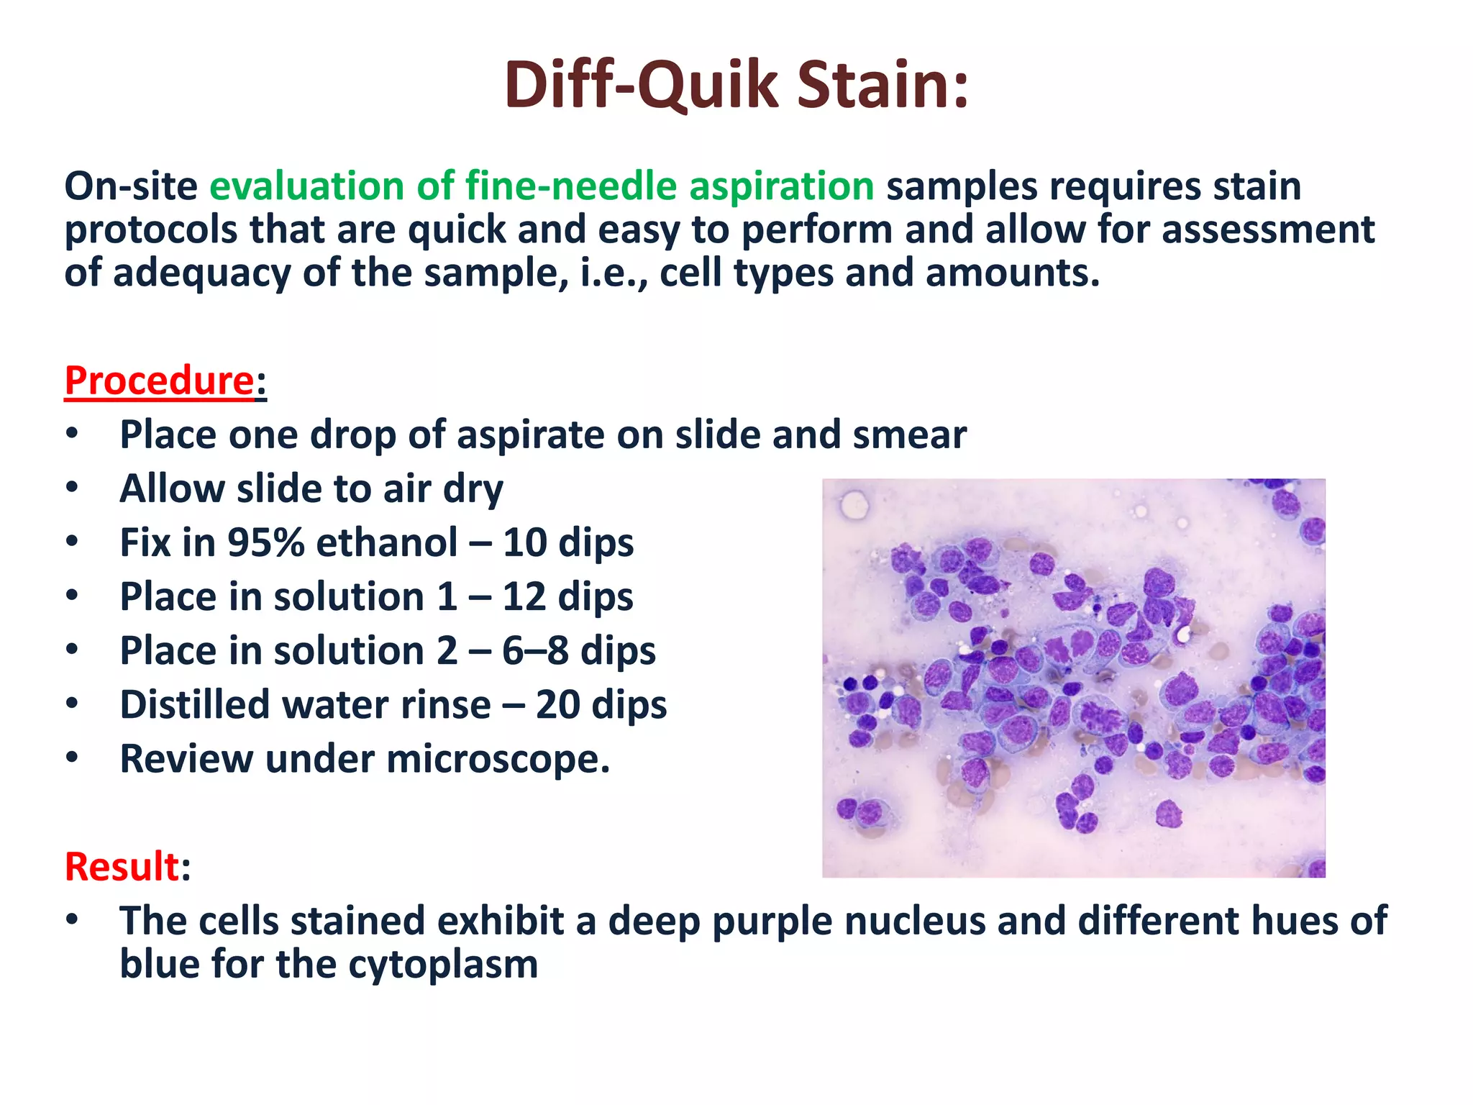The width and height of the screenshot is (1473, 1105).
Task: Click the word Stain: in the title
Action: tap(883, 86)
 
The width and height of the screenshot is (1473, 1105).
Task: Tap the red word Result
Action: tap(122, 866)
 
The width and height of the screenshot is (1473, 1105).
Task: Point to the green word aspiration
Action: tap(781, 186)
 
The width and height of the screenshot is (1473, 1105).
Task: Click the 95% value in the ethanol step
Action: tap(266, 542)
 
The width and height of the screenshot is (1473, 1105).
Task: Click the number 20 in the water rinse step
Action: tap(557, 704)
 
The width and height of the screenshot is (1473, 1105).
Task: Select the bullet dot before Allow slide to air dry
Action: tap(71, 488)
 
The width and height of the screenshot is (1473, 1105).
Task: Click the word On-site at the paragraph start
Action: tap(130, 186)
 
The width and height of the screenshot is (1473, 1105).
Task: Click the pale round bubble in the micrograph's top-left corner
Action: tap(854, 504)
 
